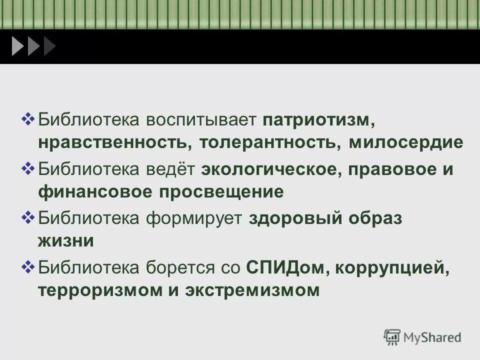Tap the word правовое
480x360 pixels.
[388, 169]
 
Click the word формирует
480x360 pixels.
[194, 218]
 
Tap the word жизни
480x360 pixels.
[65, 240]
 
